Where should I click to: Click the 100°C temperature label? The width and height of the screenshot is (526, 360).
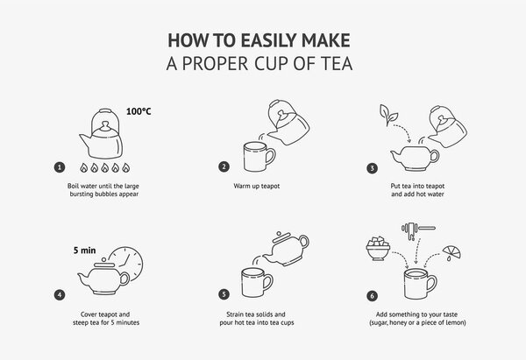[139, 111]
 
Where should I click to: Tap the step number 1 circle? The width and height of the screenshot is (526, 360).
[60, 167]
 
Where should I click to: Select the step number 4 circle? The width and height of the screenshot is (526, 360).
[60, 295]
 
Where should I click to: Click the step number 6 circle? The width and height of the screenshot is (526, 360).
[372, 296]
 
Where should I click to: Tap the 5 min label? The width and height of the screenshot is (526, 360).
[84, 251]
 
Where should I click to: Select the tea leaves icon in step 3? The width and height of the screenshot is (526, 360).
[388, 115]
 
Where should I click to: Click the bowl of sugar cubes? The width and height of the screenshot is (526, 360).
[378, 249]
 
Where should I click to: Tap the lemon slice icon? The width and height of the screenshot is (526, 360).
[451, 252]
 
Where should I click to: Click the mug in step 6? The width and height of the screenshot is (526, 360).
[420, 283]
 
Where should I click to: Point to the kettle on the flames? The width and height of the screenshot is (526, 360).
[102, 134]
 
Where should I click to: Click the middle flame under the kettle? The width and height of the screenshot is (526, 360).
[105, 167]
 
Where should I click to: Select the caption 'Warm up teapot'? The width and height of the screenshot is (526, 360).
[257, 186]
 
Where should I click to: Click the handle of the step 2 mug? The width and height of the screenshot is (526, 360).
[271, 156]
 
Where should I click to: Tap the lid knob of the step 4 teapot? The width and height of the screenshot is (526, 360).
[104, 260]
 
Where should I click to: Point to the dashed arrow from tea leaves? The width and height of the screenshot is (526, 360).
[405, 131]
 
